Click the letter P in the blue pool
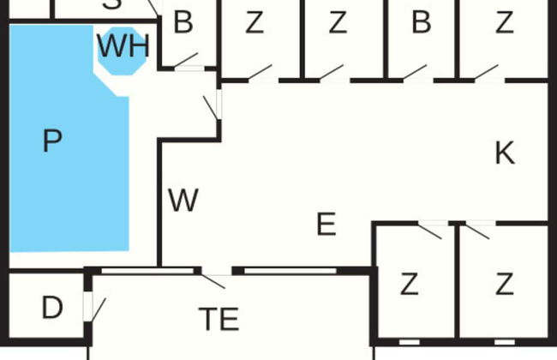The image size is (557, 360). pyautogui.click(x=52, y=141)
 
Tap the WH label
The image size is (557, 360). pyautogui.click(x=123, y=46)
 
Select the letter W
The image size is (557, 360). pyautogui.click(x=183, y=201)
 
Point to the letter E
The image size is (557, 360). pyautogui.click(x=326, y=225)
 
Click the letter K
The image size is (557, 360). pyautogui.click(x=505, y=153)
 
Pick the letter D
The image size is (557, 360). pyautogui.click(x=52, y=307)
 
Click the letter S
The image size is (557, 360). pyautogui.click(x=112, y=4)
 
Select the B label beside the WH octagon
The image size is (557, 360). pyautogui.click(x=183, y=23)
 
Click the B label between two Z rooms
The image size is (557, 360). pyautogui.click(x=421, y=23)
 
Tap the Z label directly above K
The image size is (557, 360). pyautogui.click(x=505, y=23)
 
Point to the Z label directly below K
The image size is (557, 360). pyautogui.click(x=505, y=283)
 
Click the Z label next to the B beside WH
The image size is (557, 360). pyautogui.click(x=255, y=23)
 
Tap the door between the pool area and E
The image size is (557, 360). pyautogui.click(x=212, y=106)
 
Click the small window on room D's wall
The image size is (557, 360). pyautogui.click(x=87, y=305)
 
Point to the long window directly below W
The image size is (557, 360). pyautogui.click(x=145, y=272)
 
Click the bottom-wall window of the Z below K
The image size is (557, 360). pyautogui.click(x=505, y=342)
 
